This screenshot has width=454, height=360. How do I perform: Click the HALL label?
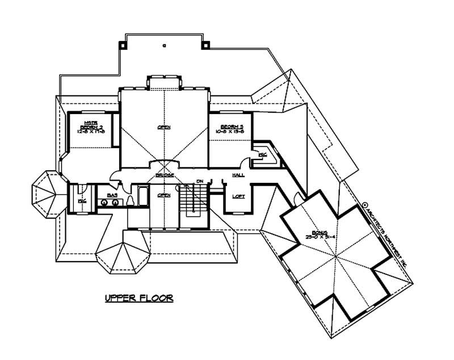pos(238,175)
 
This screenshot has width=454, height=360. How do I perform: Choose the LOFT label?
pos(238,196)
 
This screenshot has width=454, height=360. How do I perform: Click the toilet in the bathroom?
pos(131,200)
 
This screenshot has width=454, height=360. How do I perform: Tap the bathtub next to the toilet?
pos(142,199)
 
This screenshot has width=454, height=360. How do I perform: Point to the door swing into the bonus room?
pos(297,199)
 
